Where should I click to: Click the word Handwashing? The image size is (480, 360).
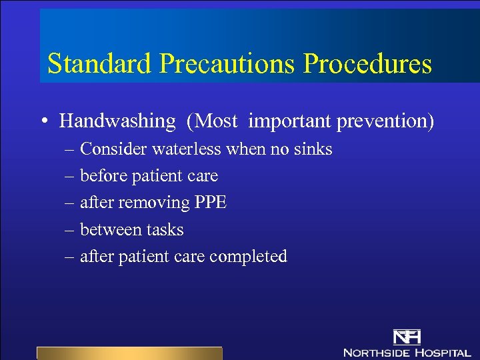[x=117, y=121]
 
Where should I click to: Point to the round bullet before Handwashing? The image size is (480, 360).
[x=42, y=122]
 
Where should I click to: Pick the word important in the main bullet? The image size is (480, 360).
[x=290, y=121]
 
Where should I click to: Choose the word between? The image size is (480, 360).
[x=105, y=229]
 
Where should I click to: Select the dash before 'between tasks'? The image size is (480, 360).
[x=70, y=230]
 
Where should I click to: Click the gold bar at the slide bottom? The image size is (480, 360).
[x=129, y=353]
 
